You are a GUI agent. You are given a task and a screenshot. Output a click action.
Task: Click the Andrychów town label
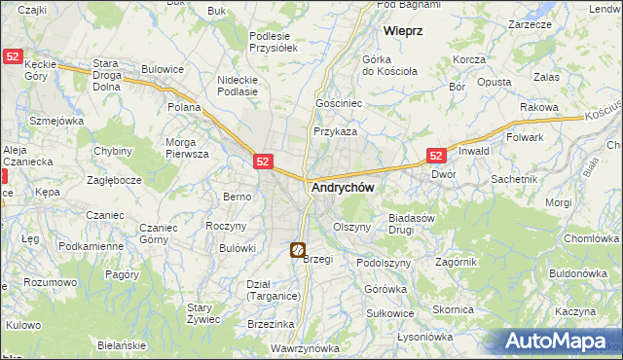tap(343, 188)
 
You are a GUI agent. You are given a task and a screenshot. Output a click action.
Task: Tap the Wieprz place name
tap(403, 31)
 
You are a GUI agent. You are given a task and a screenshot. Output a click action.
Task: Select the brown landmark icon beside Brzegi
tap(297, 250)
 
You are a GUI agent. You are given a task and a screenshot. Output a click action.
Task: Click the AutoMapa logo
tap(558, 341)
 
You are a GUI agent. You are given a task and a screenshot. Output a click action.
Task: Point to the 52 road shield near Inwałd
tap(437, 156)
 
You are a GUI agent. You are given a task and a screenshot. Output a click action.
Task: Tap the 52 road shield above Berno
tap(264, 162)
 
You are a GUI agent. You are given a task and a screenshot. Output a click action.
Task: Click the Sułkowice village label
tap(390, 313)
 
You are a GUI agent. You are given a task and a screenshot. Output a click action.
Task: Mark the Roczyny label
tap(225, 226)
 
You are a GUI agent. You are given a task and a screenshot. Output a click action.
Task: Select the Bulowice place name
tap(163, 69)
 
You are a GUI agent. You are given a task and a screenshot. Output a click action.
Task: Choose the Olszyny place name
tap(352, 227)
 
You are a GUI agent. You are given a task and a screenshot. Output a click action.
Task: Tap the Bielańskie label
tap(121, 345)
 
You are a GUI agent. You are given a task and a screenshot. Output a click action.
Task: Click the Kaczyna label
tap(576, 311)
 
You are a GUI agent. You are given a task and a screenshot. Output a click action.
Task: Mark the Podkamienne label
tap(91, 246)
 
